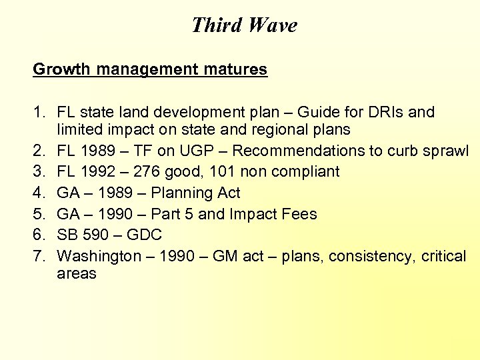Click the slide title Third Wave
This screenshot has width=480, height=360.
pos(244,25)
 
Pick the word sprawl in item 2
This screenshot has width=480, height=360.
pos(447,151)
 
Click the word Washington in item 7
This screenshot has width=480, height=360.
pos(99,257)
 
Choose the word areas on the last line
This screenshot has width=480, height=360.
pos(77,273)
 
